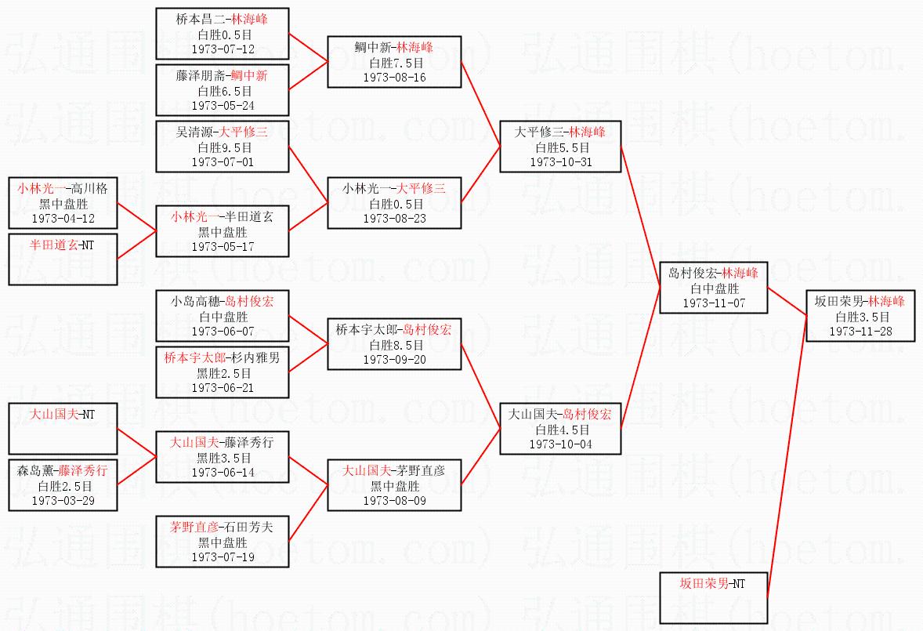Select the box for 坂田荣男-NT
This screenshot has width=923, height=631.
tap(713, 597)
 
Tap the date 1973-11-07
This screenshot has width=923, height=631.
tap(713, 303)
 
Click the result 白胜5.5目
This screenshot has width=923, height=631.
tap(561, 147)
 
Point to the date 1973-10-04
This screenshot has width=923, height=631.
tap(561, 444)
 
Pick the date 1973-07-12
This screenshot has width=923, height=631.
tap(223, 49)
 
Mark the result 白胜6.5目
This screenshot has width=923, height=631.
tap(223, 91)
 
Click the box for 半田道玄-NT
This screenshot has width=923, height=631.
tap(63, 259)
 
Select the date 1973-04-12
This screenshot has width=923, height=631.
tap(63, 219)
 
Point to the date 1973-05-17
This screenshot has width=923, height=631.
tap(223, 247)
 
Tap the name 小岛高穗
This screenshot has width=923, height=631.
tap(197, 302)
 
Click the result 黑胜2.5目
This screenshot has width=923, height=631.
tap(223, 373)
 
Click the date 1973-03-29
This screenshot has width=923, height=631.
tap(63, 500)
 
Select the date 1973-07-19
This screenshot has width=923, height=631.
tap(223, 557)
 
